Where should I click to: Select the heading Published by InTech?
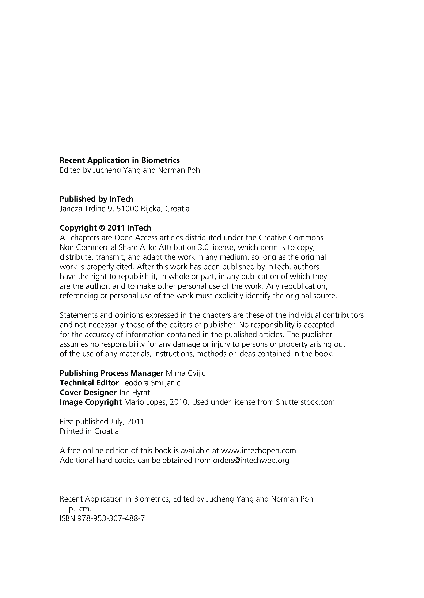[x=96, y=199]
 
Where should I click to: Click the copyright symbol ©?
[x=102, y=228]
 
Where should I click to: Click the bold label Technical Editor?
[x=89, y=383]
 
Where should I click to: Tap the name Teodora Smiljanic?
[x=151, y=383]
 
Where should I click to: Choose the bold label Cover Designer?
[x=88, y=393]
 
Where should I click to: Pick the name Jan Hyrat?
[x=135, y=393]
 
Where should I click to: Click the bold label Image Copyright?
[x=91, y=402]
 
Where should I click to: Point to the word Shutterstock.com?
[x=305, y=402]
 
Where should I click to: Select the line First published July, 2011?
[x=102, y=422]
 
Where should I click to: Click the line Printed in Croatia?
[x=89, y=431]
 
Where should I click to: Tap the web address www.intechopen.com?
[x=258, y=451]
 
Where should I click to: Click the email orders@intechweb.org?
[x=251, y=460]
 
